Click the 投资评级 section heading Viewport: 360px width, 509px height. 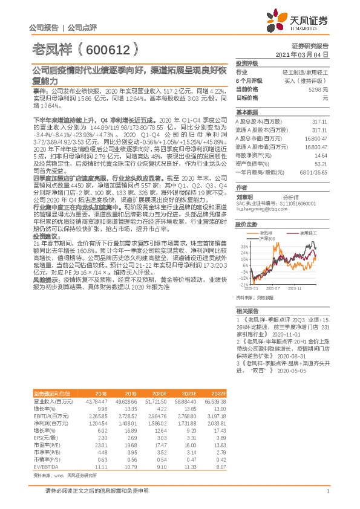(x=247, y=63)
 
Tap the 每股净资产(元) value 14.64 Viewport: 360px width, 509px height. (x=321, y=155)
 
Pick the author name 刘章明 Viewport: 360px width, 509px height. (x=245, y=196)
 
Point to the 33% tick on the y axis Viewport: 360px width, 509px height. (x=243, y=247)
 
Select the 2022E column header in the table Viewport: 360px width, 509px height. (x=218, y=393)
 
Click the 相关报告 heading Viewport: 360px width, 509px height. (x=247, y=310)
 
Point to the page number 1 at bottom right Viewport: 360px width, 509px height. (x=327, y=491)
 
